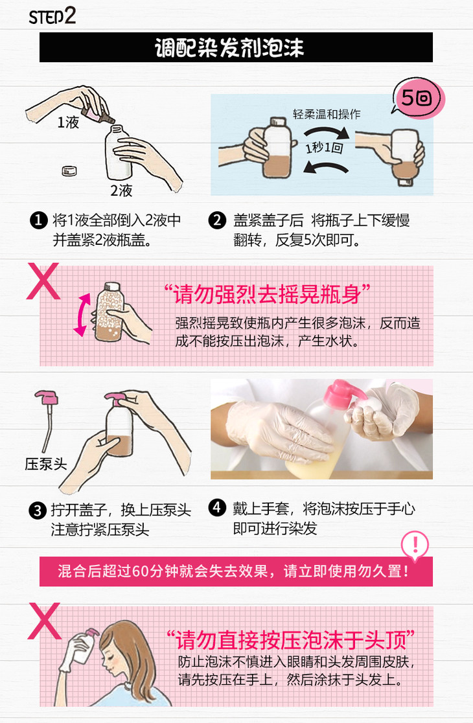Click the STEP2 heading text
(52, 17)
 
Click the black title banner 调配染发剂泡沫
(236, 47)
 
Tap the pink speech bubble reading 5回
(418, 98)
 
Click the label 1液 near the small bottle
(68, 122)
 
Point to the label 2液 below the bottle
(121, 190)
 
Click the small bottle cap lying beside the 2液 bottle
(69, 170)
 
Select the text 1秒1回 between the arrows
(325, 148)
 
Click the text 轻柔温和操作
(327, 114)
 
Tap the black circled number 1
(39, 220)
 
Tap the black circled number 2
(217, 220)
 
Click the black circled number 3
(38, 511)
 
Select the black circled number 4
(217, 508)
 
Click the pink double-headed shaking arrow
(82, 315)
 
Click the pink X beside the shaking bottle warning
(43, 281)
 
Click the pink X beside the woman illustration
(44, 621)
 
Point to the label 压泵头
(45, 464)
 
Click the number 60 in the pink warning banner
(140, 571)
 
